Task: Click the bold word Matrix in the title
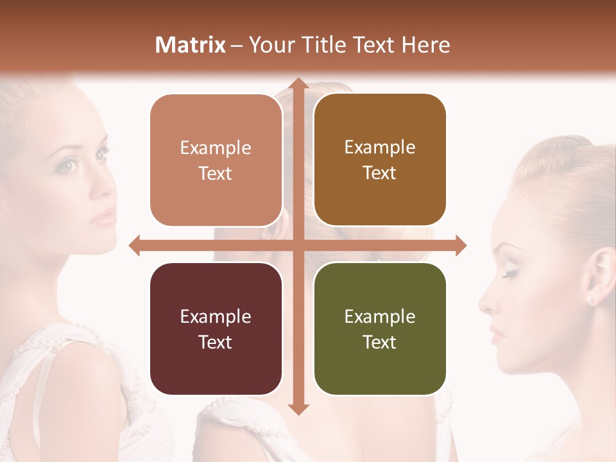pos(191,45)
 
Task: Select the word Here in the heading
pos(425,45)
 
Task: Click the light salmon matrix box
pos(216,160)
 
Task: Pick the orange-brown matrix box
pos(380,160)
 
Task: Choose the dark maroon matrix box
pos(216,329)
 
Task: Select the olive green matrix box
pos(380,329)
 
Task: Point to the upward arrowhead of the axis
pos(297,83)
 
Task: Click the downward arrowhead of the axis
pos(297,409)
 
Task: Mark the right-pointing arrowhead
pos(460,245)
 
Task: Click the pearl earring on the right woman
pos(590,300)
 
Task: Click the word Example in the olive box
pos(380,316)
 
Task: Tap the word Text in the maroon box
pos(216,342)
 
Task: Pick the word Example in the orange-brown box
pos(380,148)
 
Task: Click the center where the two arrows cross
pos(297,245)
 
